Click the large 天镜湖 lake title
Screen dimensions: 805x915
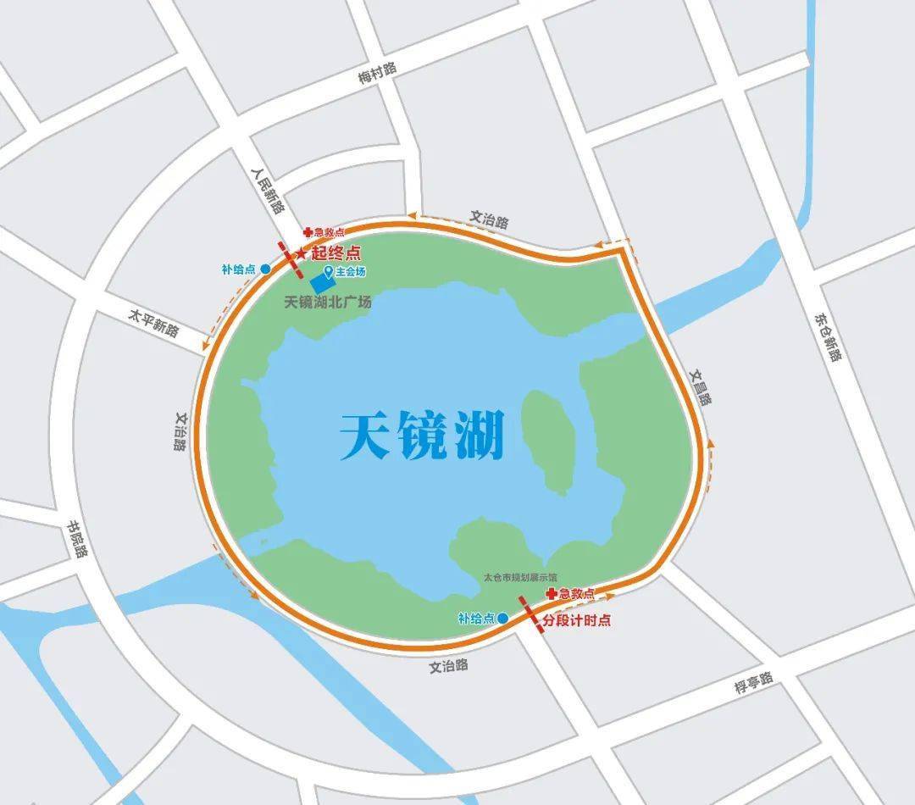[422, 436]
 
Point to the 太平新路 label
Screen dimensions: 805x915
[153, 323]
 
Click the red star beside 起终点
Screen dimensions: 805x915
[301, 253]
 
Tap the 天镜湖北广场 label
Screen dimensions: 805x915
[328, 303]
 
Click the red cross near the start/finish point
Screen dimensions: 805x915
[308, 231]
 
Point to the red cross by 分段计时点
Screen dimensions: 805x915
[552, 594]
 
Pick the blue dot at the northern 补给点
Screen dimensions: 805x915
[265, 269]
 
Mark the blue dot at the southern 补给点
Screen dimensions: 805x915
[502, 619]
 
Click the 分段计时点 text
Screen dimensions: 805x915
[577, 620]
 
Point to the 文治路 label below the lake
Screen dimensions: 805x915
[448, 666]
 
